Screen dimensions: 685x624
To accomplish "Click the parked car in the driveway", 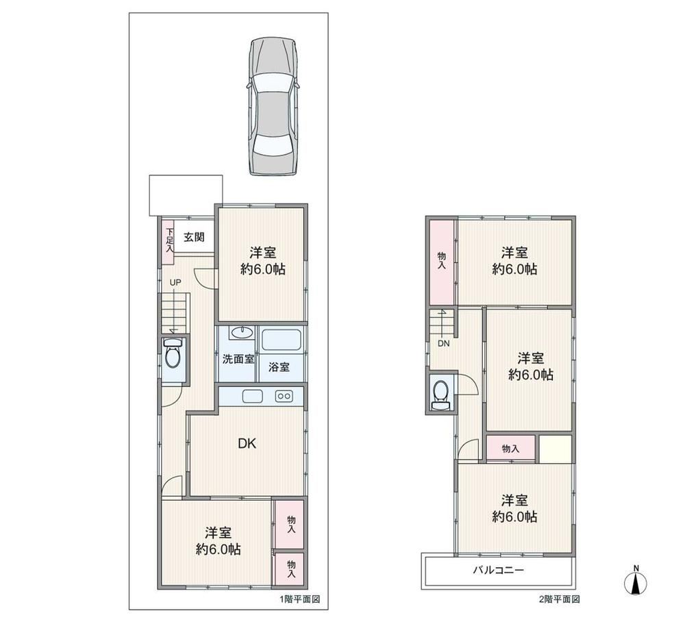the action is click(273, 107).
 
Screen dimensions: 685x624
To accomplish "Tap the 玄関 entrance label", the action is click(194, 237).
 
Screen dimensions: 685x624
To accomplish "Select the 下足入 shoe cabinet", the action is click(169, 241).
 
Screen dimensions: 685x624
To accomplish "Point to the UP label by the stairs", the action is click(175, 283).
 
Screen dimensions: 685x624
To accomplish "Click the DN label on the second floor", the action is click(443, 343).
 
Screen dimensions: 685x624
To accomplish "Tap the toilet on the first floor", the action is click(173, 355).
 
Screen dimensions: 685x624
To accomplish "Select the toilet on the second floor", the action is click(440, 394).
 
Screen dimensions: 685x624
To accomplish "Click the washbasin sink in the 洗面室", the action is click(242, 333).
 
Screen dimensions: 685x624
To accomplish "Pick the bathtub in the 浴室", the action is click(282, 340).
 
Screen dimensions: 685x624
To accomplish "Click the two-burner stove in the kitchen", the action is click(284, 396).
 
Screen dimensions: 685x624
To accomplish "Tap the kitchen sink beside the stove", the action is click(253, 397).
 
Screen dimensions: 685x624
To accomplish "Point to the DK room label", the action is click(247, 444).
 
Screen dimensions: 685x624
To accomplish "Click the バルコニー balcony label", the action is click(498, 571).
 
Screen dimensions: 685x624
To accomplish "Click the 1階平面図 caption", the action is click(300, 599).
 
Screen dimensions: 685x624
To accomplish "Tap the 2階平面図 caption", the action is click(559, 599).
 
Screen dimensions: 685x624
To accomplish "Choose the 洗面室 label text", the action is click(238, 359).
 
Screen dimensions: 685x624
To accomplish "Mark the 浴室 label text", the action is click(279, 367).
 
